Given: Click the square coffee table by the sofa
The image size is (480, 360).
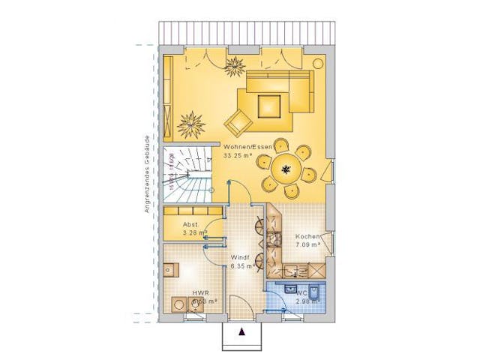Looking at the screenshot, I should tap(268, 105).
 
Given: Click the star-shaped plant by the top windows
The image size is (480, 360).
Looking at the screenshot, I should tap(235, 65).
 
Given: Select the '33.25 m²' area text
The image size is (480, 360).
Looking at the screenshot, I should tap(238, 156).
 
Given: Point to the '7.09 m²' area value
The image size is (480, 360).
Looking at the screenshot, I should tap(307, 244).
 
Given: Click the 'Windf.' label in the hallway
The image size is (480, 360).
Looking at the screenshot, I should tap(240, 256).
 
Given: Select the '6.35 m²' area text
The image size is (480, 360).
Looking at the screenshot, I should tap(243, 265).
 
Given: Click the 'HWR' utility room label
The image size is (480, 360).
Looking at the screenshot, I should tap(199, 293).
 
